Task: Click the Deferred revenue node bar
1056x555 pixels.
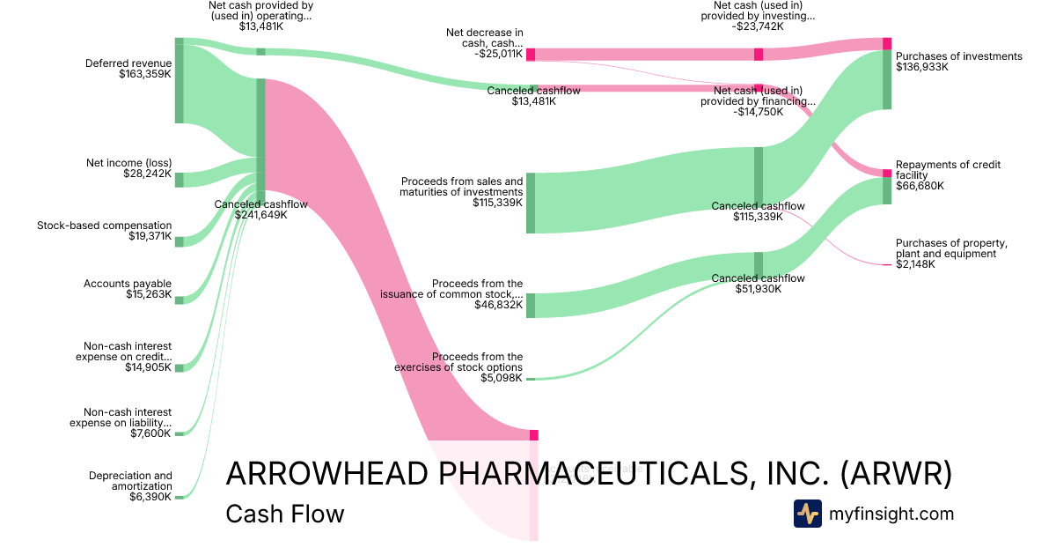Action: pyautogui.click(x=179, y=81)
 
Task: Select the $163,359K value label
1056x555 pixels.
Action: pyautogui.click(x=145, y=75)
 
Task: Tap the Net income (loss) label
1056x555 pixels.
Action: pyautogui.click(x=128, y=163)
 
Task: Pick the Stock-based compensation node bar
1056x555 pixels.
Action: pyautogui.click(x=179, y=241)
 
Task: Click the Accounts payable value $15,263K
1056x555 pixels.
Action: pyautogui.click(x=149, y=294)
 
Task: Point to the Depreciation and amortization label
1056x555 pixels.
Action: pyautogui.click(x=130, y=481)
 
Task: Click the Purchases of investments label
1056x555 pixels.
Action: pyautogui.click(x=959, y=56)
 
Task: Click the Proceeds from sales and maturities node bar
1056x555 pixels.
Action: pyautogui.click(x=531, y=203)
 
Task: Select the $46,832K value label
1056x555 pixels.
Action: pyautogui.click(x=497, y=305)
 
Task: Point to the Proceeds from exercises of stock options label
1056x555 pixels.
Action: pyautogui.click(x=458, y=362)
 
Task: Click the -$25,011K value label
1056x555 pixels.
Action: pyautogui.click(x=497, y=52)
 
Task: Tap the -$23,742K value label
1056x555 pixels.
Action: pyautogui.click(x=757, y=26)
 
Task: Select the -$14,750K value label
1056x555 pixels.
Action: pyautogui.click(x=757, y=112)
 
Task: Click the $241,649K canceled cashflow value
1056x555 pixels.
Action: pyautogui.click(x=260, y=215)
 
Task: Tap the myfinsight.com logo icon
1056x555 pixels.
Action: pyautogui.click(x=807, y=514)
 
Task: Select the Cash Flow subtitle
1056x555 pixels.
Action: pyautogui.click(x=284, y=514)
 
